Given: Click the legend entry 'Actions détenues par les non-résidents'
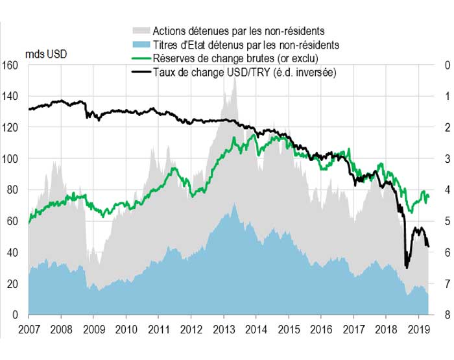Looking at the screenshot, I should click(x=238, y=30).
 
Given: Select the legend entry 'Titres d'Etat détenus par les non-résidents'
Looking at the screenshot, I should click(x=246, y=45).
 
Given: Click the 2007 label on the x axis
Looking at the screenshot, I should click(x=28, y=328).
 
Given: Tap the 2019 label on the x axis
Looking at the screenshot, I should click(x=418, y=328).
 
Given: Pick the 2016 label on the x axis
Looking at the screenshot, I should click(x=321, y=328).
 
